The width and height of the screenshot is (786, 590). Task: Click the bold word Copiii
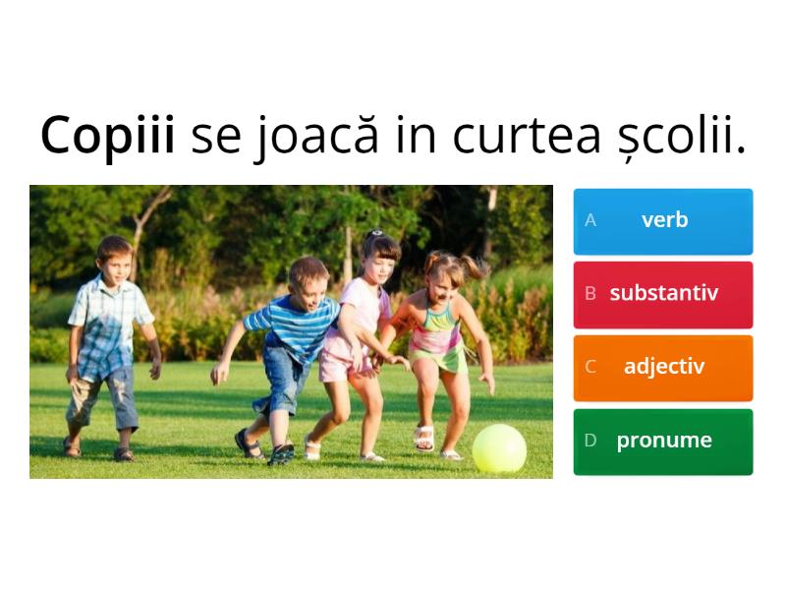click(x=107, y=137)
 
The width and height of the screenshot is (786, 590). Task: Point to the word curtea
click(x=516, y=137)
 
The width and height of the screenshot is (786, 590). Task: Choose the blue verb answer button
click(x=663, y=220)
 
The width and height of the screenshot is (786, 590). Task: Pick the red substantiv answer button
click(x=663, y=293)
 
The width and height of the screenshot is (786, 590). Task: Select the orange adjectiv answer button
click(x=663, y=367)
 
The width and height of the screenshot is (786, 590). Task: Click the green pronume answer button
click(x=663, y=441)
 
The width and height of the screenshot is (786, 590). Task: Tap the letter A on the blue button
click(x=590, y=220)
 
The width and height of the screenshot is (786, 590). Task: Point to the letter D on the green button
click(x=590, y=441)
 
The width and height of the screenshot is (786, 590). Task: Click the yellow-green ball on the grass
click(x=499, y=448)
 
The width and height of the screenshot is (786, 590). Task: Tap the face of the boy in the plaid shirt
click(x=116, y=261)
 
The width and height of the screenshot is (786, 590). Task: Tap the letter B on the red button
click(x=590, y=293)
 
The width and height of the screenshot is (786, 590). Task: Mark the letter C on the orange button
click(x=590, y=367)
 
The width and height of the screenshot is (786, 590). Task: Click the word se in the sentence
click(x=215, y=137)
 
